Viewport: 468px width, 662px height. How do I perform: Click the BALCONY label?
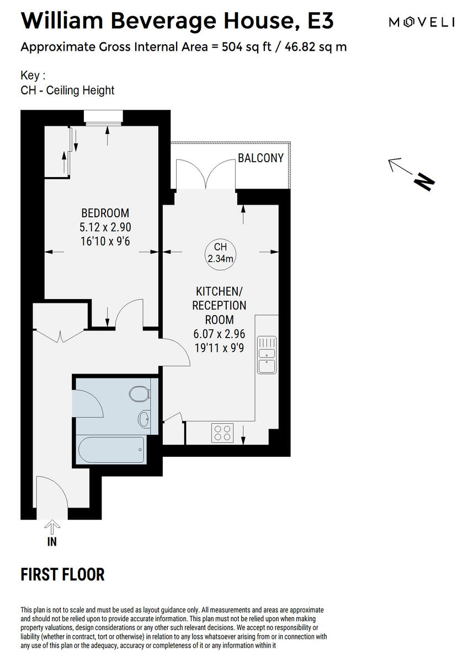click(x=260, y=158)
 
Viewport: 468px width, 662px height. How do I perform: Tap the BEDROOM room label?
click(x=105, y=213)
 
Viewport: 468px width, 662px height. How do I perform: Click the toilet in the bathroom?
click(x=139, y=394)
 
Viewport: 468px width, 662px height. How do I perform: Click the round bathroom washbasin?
click(x=143, y=419)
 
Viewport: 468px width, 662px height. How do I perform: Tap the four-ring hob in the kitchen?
click(x=222, y=433)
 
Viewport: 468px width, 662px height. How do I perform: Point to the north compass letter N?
click(x=424, y=181)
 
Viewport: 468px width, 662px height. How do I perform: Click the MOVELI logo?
click(x=421, y=22)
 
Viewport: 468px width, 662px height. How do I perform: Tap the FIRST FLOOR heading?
click(x=62, y=575)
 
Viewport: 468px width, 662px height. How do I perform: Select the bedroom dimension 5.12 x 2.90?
click(x=105, y=227)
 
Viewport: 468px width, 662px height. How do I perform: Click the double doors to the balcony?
click(x=205, y=174)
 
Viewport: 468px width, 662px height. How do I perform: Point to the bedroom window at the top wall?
click(x=103, y=116)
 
